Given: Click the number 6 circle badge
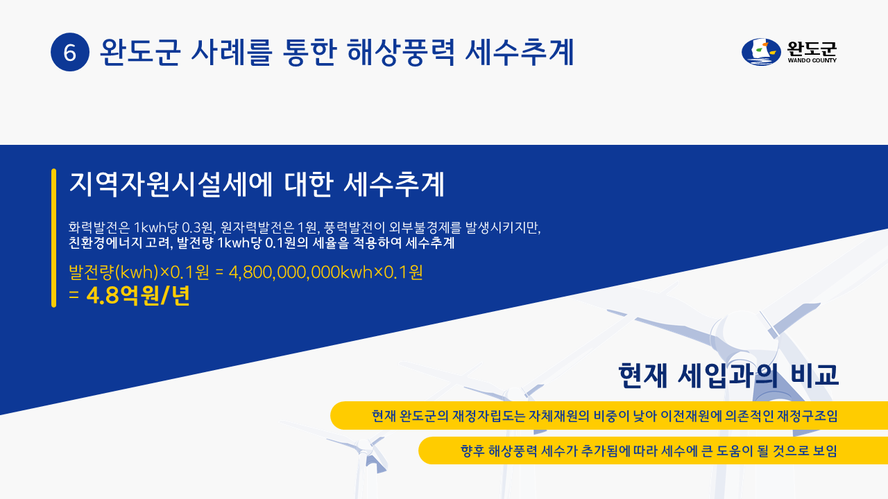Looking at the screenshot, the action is pos(70,52).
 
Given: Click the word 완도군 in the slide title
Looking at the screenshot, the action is pos(140,52).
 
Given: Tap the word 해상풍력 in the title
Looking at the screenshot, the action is pos(401,52).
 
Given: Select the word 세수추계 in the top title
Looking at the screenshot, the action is pos(520,52).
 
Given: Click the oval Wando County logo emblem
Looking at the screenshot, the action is pos(761,52).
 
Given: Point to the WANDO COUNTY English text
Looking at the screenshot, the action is pos(812,60).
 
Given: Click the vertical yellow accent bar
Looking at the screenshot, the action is pos(54,238).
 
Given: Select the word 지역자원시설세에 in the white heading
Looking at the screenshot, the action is pos(171,184).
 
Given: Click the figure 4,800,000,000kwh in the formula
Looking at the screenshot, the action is pos(301,272).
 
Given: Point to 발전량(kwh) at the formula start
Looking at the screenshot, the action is pos(114,272).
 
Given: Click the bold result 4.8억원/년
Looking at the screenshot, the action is pos(138,296).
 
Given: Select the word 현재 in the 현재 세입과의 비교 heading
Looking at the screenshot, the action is pos(643,375).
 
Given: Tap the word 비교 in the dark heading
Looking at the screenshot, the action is pos(814,375).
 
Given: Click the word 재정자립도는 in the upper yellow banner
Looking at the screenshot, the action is pos(489,416).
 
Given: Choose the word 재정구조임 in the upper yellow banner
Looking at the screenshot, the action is pos(809,416).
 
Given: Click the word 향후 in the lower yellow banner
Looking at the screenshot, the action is pos(472,450).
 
